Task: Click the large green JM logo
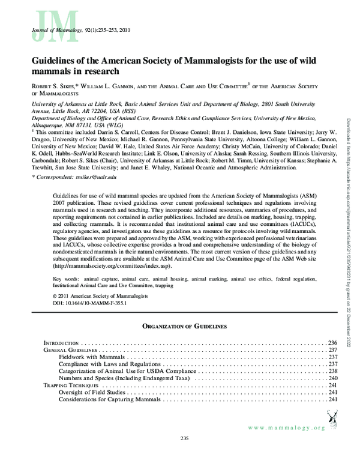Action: click(44, 24)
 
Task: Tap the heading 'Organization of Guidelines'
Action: click(184, 326)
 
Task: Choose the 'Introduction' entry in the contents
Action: click(61, 342)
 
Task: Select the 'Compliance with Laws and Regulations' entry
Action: click(111, 364)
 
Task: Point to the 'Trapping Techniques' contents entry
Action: click(70, 386)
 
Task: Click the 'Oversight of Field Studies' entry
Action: click(96, 393)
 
